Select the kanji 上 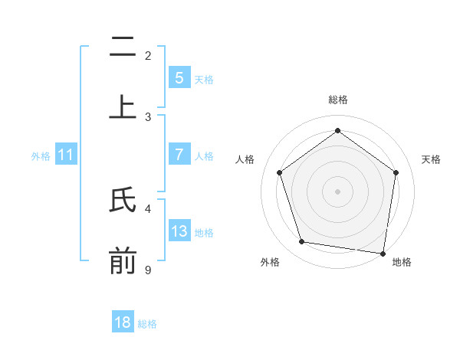123,106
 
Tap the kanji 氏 123,200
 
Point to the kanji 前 123,261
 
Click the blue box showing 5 179,78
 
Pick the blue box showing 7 179,155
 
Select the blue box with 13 179,231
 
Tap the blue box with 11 65,155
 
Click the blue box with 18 123,322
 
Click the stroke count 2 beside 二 148,55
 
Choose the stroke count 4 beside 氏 148,208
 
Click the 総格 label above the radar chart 337,100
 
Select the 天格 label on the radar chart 431,159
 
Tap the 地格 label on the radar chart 402,262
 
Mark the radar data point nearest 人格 280,173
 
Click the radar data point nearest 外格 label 302,242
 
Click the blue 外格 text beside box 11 41,155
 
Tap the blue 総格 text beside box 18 147,323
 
